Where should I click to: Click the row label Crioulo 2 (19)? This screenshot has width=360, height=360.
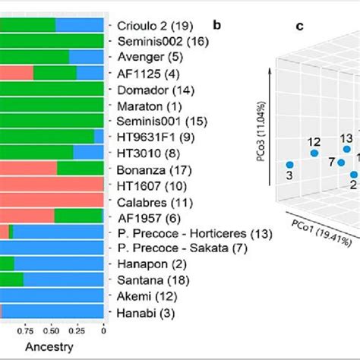click(155, 24)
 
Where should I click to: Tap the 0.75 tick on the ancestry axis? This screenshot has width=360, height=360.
click(24, 331)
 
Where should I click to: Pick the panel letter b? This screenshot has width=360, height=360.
click(217, 25)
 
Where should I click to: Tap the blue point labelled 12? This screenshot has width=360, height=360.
click(314, 153)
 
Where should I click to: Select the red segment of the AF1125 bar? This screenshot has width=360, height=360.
click(16, 73)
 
